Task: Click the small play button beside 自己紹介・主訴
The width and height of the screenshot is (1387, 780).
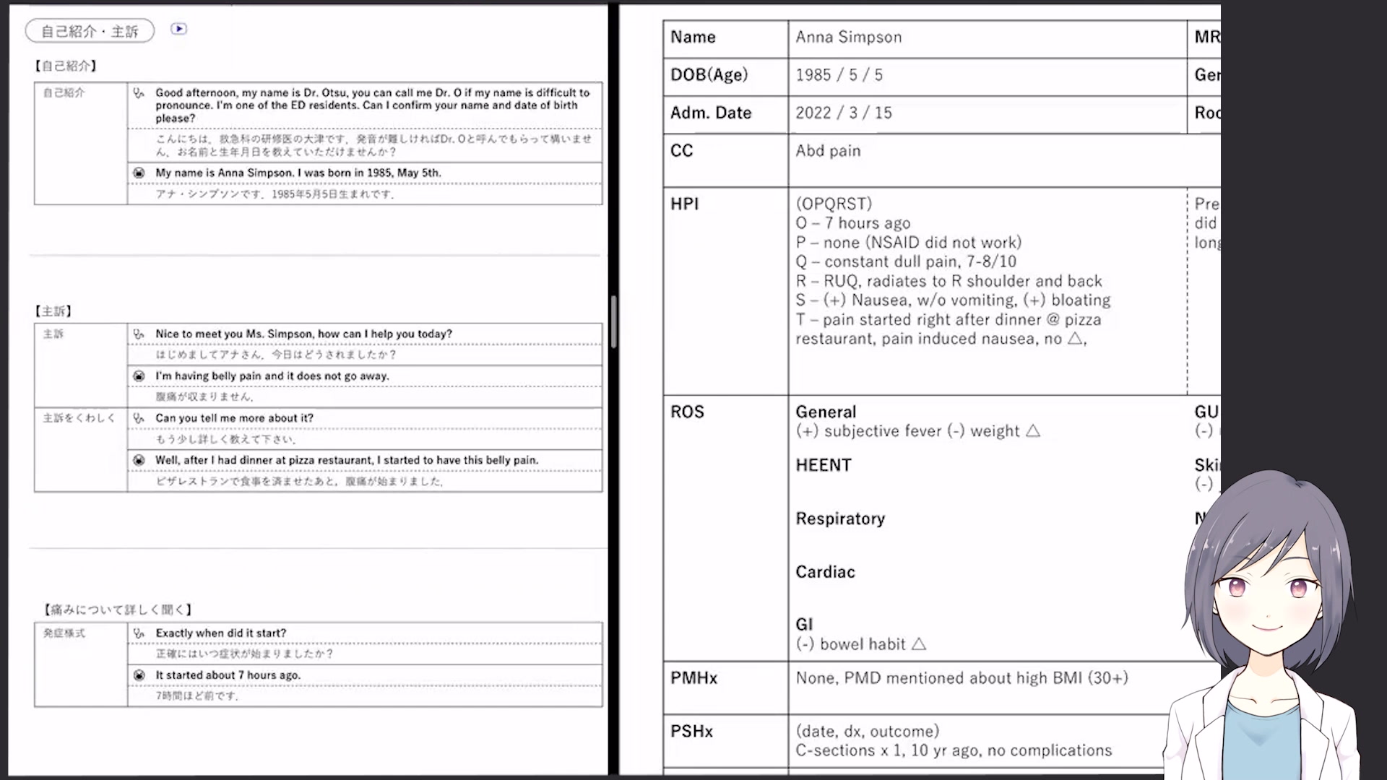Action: [x=178, y=29]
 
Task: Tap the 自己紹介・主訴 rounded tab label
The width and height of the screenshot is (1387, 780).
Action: [x=90, y=31]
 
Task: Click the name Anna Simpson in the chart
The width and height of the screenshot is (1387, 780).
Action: [x=848, y=38]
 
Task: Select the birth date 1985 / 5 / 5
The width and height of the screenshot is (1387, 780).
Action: [x=839, y=75]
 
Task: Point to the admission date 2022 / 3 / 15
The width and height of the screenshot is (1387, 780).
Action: [x=843, y=113]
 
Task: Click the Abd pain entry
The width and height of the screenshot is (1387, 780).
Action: [x=828, y=151]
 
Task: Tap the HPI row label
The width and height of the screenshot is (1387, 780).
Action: [x=684, y=204]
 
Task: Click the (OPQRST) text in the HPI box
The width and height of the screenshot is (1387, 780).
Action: [x=834, y=204]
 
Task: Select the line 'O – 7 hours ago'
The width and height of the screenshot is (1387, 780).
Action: [x=852, y=224]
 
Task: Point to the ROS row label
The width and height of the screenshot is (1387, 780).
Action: [x=686, y=412]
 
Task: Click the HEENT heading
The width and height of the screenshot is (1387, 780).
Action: [x=823, y=466]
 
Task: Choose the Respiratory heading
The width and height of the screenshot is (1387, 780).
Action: [x=839, y=519]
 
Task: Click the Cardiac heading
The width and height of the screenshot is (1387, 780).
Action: [x=825, y=573]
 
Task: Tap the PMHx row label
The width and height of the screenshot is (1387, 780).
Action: [x=693, y=678]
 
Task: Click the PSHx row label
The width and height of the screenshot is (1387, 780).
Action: [x=691, y=732]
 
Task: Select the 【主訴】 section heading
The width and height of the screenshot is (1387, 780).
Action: [x=53, y=311]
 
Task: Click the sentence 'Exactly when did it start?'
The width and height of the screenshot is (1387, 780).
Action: [x=220, y=633]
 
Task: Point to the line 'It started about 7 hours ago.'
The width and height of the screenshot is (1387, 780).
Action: [x=228, y=675]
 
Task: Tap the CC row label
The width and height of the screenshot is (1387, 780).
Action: [x=681, y=151]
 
